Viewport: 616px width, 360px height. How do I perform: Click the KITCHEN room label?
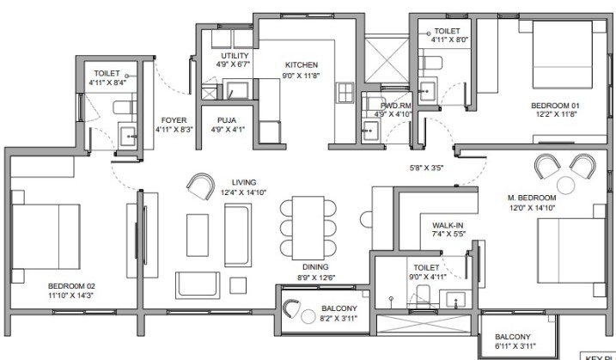[302, 65]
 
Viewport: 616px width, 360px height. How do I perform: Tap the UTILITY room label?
[235, 56]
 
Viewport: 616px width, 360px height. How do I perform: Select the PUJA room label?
[227, 120]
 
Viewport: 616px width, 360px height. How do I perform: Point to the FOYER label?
[174, 120]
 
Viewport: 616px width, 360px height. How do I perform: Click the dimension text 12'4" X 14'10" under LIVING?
[244, 192]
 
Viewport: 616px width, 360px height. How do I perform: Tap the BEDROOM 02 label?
[71, 286]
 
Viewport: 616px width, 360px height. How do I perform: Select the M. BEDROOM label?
[532, 198]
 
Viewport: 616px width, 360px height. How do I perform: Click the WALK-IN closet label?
[448, 226]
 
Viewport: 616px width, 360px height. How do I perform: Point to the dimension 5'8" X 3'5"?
[426, 168]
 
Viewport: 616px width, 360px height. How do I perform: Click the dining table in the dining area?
[308, 228]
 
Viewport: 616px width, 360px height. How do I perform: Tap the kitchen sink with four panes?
[345, 93]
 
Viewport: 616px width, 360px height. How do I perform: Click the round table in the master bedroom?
[565, 185]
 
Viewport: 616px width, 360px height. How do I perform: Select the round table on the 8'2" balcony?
[308, 316]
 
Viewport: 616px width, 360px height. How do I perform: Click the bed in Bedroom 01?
[562, 55]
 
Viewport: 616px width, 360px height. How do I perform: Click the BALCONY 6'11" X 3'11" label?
[515, 342]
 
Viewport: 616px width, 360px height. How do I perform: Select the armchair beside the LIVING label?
[201, 186]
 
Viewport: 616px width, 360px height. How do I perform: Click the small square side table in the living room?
[238, 285]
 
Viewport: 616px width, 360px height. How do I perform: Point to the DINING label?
[315, 267]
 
